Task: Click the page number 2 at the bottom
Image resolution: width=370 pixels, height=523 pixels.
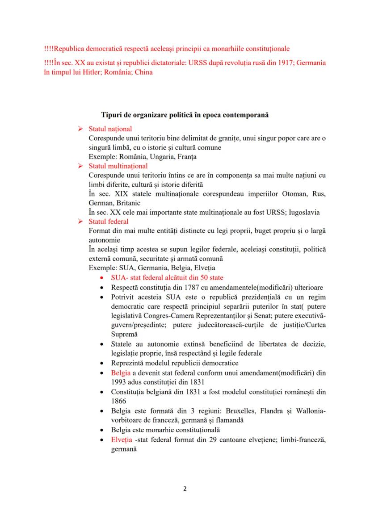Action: pyautogui.click(x=185, y=488)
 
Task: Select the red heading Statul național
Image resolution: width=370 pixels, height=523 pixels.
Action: pyautogui.click(x=110, y=129)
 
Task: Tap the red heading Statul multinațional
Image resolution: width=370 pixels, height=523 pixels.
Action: pyautogui.click(x=118, y=166)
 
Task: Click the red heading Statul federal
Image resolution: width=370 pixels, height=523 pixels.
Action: pyautogui.click(x=109, y=222)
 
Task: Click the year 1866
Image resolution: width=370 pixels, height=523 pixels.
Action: pyautogui.click(x=118, y=401)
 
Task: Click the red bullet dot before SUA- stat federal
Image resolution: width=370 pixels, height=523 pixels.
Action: pyautogui.click(x=103, y=278)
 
